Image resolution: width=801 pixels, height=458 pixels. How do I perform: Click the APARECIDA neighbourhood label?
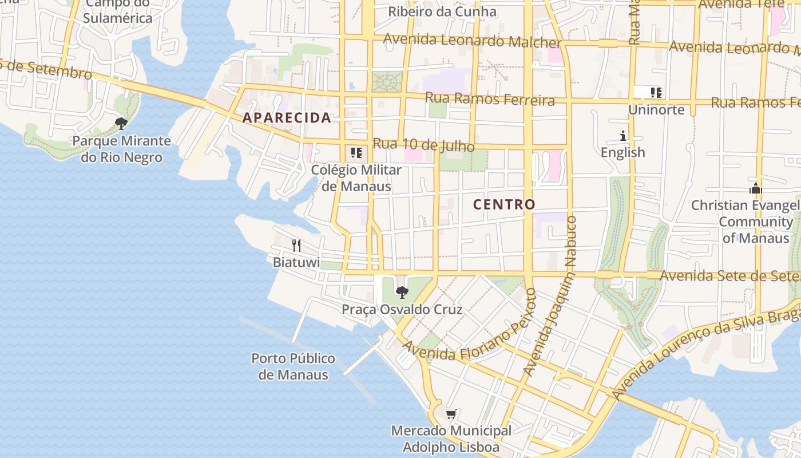287,118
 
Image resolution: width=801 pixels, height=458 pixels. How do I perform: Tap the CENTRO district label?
504,204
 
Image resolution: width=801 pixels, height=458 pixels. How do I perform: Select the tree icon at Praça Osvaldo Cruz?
402,293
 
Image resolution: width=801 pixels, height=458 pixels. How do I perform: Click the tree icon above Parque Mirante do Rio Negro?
121,123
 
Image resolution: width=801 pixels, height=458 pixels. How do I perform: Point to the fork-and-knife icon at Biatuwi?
296,246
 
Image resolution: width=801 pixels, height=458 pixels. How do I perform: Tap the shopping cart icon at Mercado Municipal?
451,414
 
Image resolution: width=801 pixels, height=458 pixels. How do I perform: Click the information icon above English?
623,136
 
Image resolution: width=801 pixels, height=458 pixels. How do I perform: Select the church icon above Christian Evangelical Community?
756,188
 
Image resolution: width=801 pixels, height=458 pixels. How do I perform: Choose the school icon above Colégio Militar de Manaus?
356,153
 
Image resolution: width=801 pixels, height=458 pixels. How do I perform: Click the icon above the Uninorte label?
656,92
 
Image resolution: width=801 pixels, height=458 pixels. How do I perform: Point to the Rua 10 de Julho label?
423,145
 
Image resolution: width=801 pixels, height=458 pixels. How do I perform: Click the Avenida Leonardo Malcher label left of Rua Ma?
472,41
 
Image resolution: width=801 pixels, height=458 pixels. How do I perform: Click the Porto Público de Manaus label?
293,366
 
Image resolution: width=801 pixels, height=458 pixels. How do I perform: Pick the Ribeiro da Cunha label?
442,11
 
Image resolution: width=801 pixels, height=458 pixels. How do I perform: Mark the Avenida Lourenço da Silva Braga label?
707,352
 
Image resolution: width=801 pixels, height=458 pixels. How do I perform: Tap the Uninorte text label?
656,109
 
